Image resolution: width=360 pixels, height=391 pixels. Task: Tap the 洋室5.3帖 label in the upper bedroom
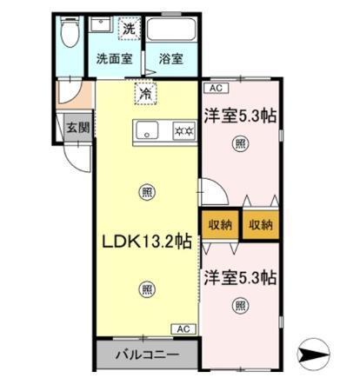coord(240,115)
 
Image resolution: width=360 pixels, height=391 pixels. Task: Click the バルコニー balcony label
coord(148,355)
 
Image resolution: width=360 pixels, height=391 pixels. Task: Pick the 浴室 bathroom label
coord(170,59)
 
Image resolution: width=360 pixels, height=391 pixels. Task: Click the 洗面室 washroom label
coord(113,59)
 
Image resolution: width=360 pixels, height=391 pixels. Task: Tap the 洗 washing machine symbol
coord(129,28)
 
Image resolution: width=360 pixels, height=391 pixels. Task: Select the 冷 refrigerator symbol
coord(145,89)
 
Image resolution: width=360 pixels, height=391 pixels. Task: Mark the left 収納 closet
coord(220,224)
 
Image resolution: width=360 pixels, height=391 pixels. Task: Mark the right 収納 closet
coord(261,224)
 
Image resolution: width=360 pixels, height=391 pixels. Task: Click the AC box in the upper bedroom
coord(213,88)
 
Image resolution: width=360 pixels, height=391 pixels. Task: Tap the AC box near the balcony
coord(184,328)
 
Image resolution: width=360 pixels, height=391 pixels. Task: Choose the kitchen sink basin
coord(148,131)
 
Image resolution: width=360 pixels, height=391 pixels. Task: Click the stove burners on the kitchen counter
coord(183,131)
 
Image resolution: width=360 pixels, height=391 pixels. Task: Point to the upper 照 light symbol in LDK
coord(147,192)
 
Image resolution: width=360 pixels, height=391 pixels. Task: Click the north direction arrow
coord(316,353)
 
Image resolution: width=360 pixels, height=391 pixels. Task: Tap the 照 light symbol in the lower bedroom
coord(240,306)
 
